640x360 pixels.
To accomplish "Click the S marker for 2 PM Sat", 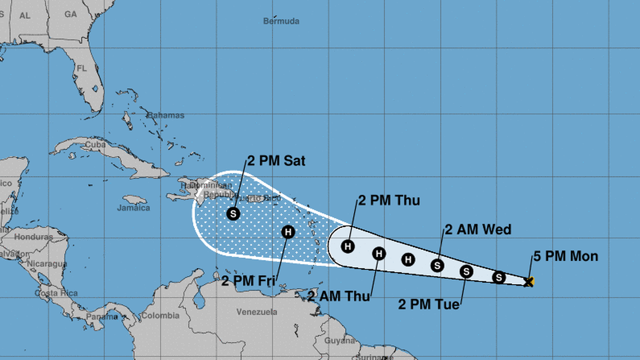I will pyautogui.click(x=234, y=213).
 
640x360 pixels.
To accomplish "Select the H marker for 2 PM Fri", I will pyautogui.click(x=288, y=231).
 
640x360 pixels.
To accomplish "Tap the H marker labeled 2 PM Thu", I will pyautogui.click(x=348, y=246).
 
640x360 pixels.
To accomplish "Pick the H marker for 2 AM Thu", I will pyautogui.click(x=379, y=254).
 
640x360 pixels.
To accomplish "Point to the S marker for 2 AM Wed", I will pyautogui.click(x=437, y=265).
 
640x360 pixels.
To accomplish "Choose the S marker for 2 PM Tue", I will pyautogui.click(x=466, y=272).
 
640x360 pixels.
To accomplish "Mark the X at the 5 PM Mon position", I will pyautogui.click(x=528, y=281).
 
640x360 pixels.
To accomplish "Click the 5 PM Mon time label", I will pyautogui.click(x=565, y=257).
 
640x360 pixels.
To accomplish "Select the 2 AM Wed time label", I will pyautogui.click(x=478, y=229).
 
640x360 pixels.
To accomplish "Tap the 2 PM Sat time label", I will pyautogui.click(x=276, y=161).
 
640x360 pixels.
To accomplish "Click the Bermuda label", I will pyautogui.click(x=281, y=21).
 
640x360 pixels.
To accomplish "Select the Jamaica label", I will pyautogui.click(x=134, y=208).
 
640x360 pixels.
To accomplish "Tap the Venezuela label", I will pyautogui.click(x=257, y=312).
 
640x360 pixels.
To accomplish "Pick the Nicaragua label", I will pyautogui.click(x=47, y=263).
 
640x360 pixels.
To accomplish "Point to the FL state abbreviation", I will pyautogui.click(x=82, y=69).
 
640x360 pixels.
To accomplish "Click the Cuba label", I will pyautogui.click(x=95, y=145).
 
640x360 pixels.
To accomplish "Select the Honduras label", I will pyautogui.click(x=34, y=237).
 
